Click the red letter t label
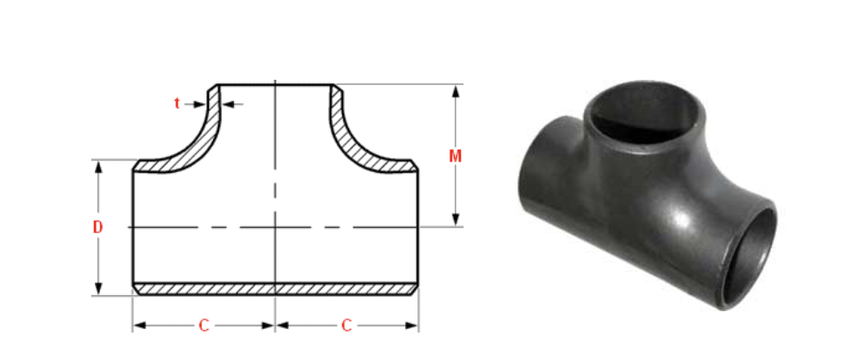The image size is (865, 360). pyautogui.click(x=177, y=104)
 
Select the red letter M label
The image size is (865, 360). pyautogui.click(x=456, y=156)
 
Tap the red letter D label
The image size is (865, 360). pyautogui.click(x=97, y=227)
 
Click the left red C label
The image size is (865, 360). pyautogui.click(x=203, y=325)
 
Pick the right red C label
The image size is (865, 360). pyautogui.click(x=347, y=325)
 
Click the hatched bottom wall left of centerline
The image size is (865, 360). pyautogui.click(x=204, y=288)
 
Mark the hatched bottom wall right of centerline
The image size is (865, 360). pyautogui.click(x=347, y=288)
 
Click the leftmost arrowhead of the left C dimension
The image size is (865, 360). pyautogui.click(x=138, y=325)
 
